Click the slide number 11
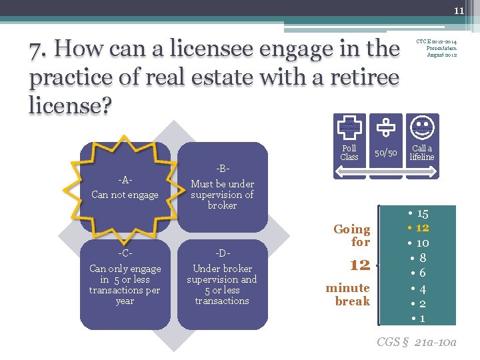[x=459, y=11]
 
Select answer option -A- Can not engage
[x=125, y=189]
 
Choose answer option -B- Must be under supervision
[x=222, y=189]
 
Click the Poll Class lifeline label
[x=349, y=153]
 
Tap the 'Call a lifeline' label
[x=421, y=153]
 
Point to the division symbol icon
[x=385, y=125]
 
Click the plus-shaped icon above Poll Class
[x=349, y=125]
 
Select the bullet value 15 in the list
[x=422, y=214]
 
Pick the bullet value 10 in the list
[x=422, y=243]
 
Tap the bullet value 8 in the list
[x=423, y=258]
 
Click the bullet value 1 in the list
[x=422, y=319]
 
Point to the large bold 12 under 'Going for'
[x=359, y=265]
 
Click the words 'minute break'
[x=348, y=294]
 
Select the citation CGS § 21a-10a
[x=416, y=342]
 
